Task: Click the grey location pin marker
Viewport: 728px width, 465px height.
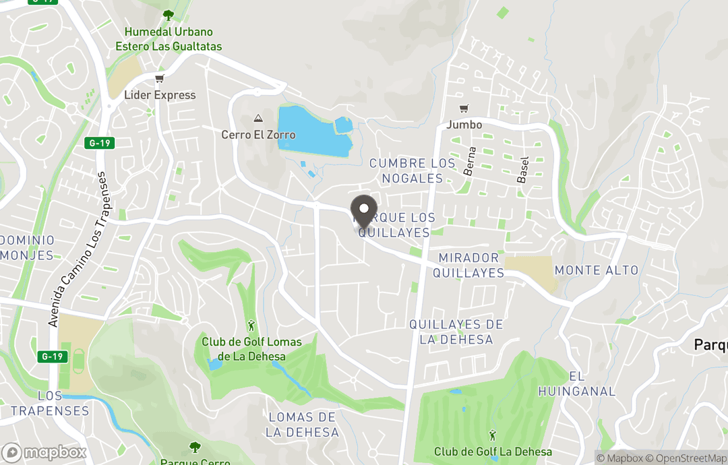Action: (x=364, y=211)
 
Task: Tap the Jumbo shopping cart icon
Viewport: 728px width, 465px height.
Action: (x=464, y=109)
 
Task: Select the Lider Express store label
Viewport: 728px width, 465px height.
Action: (x=160, y=95)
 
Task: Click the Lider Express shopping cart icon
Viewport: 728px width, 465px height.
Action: (x=159, y=80)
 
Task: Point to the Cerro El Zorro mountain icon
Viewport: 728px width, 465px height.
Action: (x=257, y=119)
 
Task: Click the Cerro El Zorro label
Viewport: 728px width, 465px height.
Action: (x=258, y=135)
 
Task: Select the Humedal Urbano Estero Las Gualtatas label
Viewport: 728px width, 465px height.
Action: (x=169, y=39)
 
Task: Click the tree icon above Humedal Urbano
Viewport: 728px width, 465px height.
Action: (x=168, y=15)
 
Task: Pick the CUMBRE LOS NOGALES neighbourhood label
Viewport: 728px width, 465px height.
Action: (x=412, y=170)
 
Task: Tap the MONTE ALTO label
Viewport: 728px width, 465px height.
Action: (x=596, y=270)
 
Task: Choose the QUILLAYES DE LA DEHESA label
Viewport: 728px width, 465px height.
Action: (x=456, y=332)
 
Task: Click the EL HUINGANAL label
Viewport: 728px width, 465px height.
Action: (x=577, y=383)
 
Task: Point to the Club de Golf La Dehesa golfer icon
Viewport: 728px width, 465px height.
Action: (x=493, y=435)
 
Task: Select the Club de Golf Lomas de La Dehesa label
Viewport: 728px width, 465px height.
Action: (x=252, y=349)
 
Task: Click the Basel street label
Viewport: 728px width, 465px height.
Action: (x=522, y=170)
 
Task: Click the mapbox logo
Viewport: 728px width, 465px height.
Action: (x=44, y=452)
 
